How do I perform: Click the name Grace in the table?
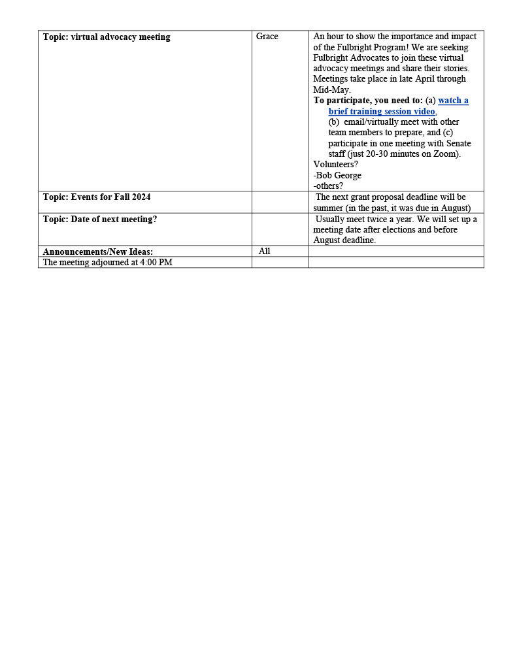click(267, 37)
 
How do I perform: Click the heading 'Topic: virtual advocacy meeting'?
click(107, 37)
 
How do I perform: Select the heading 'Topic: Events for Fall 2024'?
click(97, 197)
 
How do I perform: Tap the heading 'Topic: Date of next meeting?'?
click(100, 220)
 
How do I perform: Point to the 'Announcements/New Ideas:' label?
click(98, 252)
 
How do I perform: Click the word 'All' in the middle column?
click(264, 252)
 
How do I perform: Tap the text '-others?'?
click(328, 186)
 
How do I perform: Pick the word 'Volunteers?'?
click(335, 165)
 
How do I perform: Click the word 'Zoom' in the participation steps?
click(445, 154)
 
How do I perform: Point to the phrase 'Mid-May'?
click(331, 90)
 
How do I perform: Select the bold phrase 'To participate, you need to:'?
click(368, 101)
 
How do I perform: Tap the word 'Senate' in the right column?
click(459, 144)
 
